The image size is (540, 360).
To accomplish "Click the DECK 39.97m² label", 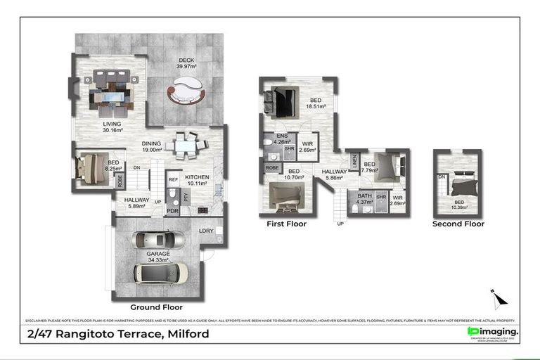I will click(x=186, y=63).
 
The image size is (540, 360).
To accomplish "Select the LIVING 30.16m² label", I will click(x=112, y=127).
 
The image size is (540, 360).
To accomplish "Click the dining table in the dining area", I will click(x=186, y=146).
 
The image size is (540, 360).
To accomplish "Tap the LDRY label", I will click(x=206, y=231).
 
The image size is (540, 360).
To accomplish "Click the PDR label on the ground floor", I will click(x=172, y=210).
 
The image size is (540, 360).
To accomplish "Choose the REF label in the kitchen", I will click(x=172, y=179).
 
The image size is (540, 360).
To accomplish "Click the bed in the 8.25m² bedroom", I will click(x=94, y=168).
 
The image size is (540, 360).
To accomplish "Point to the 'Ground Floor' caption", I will click(x=156, y=307).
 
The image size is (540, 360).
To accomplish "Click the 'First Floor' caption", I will click(x=286, y=224).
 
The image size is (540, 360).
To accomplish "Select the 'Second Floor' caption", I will click(x=458, y=224).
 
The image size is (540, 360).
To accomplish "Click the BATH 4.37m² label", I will click(x=364, y=200).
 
